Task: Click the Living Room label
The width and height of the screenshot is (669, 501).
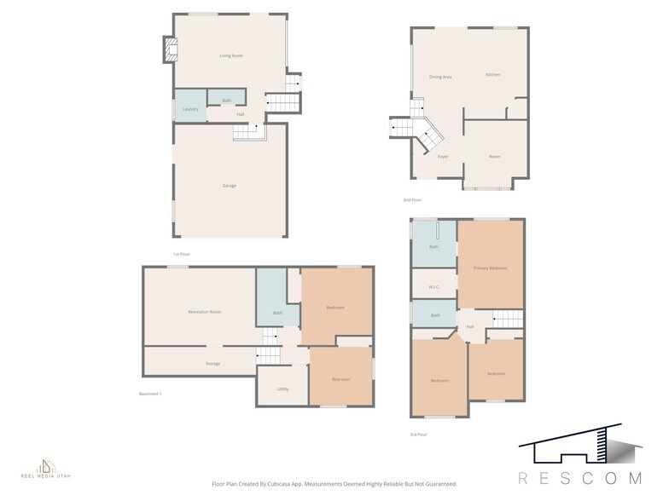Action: pyautogui.click(x=231, y=56)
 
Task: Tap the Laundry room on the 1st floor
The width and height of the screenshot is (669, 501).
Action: pyautogui.click(x=190, y=109)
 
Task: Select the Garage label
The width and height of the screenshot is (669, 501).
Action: pyautogui.click(x=230, y=186)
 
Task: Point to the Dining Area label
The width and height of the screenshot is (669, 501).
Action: pyautogui.click(x=440, y=78)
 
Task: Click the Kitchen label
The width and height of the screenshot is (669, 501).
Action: pyautogui.click(x=493, y=75)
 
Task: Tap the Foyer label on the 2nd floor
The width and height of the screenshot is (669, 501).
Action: pyautogui.click(x=443, y=157)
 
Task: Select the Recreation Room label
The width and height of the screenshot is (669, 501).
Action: pyautogui.click(x=205, y=312)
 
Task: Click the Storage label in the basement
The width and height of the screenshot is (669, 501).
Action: pyautogui.click(x=212, y=364)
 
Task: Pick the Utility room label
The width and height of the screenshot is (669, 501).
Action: pyautogui.click(x=282, y=389)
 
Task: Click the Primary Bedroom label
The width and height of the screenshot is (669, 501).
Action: pyautogui.click(x=491, y=268)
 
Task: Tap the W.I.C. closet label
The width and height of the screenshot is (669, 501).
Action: pyautogui.click(x=433, y=287)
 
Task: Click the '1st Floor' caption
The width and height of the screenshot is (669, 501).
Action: pyautogui.click(x=181, y=254)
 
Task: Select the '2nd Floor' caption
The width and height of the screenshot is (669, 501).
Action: pyautogui.click(x=413, y=200)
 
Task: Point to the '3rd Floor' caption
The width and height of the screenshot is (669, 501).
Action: pyautogui.click(x=418, y=435)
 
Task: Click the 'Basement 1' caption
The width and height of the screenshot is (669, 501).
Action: pyautogui.click(x=150, y=394)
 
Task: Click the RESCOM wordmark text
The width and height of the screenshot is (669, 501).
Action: pyautogui.click(x=579, y=478)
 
